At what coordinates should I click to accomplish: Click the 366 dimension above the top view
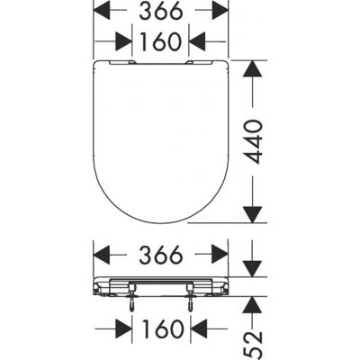(x=161, y=11)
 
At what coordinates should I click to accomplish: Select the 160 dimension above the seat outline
(x=161, y=41)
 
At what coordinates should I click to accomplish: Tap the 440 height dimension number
(x=253, y=141)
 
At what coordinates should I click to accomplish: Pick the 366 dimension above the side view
(x=161, y=255)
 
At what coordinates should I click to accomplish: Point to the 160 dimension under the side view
(x=162, y=328)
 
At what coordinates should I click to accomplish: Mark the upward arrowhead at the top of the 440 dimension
(x=253, y=68)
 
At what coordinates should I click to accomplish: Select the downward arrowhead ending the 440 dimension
(x=253, y=215)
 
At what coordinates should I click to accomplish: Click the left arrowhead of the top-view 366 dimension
(x=102, y=10)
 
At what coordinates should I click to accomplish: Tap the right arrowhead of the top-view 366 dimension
(x=220, y=10)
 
